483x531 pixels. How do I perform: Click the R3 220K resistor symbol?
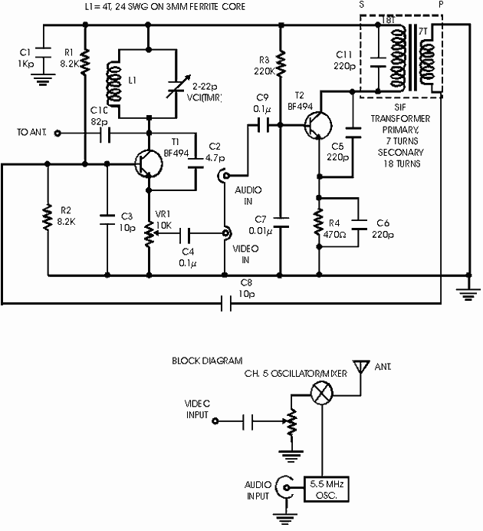[281, 62]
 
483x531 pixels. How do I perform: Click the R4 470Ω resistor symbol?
[318, 223]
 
